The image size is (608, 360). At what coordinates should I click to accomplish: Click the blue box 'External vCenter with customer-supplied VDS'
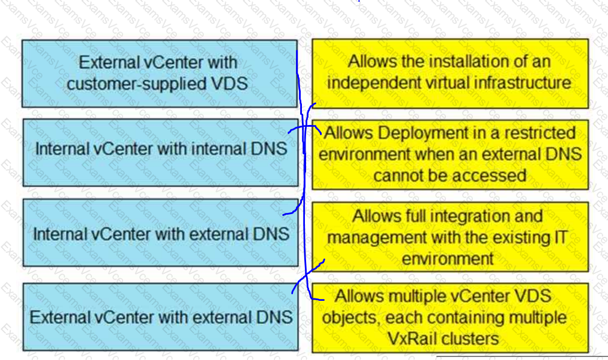click(160, 74)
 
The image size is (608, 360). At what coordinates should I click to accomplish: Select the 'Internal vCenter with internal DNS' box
click(161, 152)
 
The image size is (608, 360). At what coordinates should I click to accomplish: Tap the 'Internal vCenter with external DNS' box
click(161, 233)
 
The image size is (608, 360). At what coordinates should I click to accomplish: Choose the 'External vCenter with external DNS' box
click(161, 316)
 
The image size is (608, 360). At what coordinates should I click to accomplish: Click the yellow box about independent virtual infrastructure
click(450, 74)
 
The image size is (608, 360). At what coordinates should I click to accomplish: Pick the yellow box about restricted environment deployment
click(450, 154)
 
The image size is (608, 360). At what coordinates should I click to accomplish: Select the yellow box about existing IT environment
click(450, 237)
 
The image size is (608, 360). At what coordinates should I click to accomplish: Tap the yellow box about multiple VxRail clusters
click(450, 318)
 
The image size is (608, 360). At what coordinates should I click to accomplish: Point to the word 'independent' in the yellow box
click(366, 83)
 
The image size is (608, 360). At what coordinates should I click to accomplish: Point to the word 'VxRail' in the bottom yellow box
click(411, 339)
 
